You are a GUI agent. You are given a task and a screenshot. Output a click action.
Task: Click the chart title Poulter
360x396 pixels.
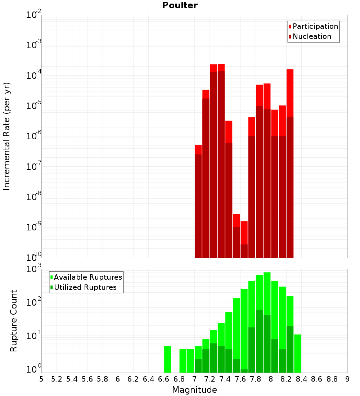(180, 5)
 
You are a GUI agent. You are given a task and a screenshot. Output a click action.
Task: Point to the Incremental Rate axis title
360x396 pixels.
(7, 136)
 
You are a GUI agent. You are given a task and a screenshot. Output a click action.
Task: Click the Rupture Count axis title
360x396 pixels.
(14, 320)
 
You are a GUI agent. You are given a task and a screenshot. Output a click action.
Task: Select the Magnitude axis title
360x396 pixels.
(194, 390)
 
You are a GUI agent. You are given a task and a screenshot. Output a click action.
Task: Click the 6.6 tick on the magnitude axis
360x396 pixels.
(164, 379)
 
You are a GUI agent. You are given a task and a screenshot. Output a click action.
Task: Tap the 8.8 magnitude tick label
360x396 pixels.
(332, 379)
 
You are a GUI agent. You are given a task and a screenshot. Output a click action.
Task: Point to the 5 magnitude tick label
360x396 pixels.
(41, 379)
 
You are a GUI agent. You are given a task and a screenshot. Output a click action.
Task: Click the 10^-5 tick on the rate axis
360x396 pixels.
(34, 106)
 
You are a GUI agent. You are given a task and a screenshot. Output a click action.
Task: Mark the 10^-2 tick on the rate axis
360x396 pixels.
(34, 15)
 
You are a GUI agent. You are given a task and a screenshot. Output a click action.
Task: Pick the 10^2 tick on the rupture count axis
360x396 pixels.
(34, 302)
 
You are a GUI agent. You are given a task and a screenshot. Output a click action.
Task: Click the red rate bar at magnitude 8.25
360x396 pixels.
(290, 162)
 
